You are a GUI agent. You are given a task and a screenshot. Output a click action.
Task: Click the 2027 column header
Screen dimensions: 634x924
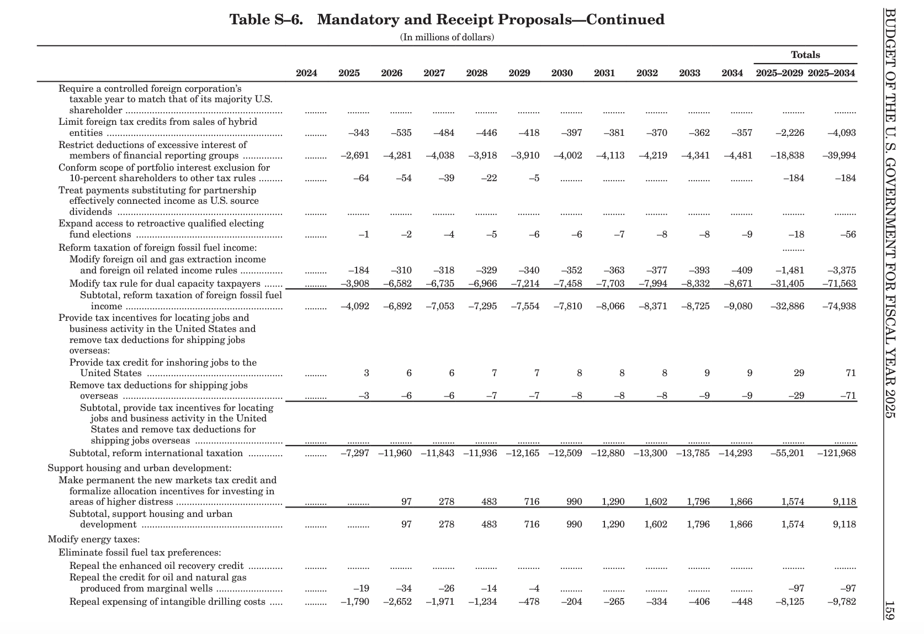(x=434, y=73)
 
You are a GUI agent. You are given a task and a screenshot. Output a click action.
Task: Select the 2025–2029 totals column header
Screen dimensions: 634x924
(x=779, y=73)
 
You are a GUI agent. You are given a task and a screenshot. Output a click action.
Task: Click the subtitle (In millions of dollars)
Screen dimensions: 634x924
(x=447, y=37)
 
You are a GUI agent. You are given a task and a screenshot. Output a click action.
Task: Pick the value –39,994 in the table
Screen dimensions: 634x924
(x=838, y=156)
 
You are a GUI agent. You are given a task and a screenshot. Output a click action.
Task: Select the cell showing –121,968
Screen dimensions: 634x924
(x=836, y=453)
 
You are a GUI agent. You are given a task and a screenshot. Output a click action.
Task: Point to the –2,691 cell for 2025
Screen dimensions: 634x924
(x=354, y=156)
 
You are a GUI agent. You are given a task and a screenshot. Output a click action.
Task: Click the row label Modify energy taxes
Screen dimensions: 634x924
(x=93, y=540)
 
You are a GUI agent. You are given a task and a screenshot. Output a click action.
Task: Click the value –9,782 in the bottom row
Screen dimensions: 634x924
(x=841, y=602)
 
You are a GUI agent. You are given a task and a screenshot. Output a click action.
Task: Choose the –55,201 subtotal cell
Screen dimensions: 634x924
(x=787, y=453)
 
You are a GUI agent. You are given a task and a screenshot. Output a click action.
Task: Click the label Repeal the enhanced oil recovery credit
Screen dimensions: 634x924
(x=156, y=566)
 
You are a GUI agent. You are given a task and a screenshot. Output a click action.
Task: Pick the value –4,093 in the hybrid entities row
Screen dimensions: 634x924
(x=841, y=133)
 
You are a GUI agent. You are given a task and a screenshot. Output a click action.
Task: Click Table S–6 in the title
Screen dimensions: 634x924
(x=266, y=20)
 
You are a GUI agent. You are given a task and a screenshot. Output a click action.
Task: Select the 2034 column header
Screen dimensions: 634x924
(x=732, y=73)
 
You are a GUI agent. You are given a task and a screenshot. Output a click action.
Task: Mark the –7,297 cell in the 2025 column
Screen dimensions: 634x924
(x=354, y=453)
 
